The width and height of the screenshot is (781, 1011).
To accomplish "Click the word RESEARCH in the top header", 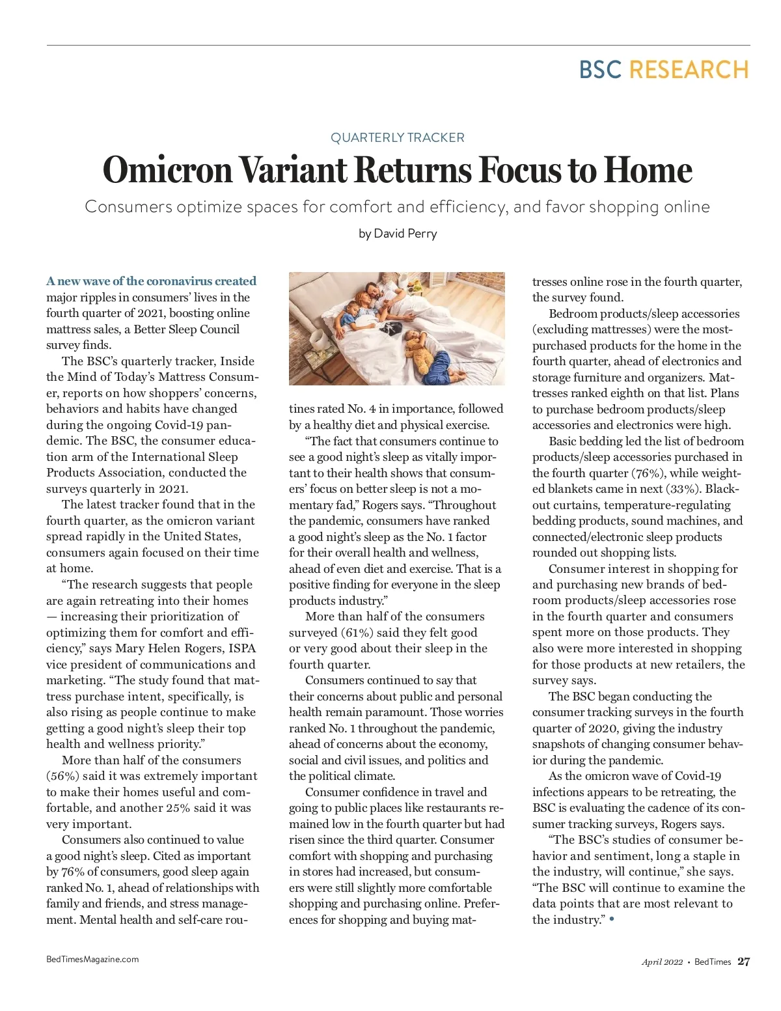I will [x=689, y=70].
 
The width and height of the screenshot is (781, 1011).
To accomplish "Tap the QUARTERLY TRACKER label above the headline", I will [x=397, y=137].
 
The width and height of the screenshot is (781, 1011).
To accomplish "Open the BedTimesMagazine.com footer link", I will [x=92, y=959].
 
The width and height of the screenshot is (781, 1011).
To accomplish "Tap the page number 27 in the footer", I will [x=743, y=962].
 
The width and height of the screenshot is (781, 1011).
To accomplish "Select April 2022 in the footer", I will [x=662, y=962].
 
